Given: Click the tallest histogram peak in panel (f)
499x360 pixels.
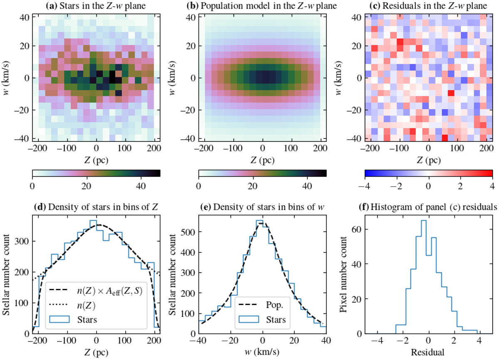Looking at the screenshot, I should (424, 221).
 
